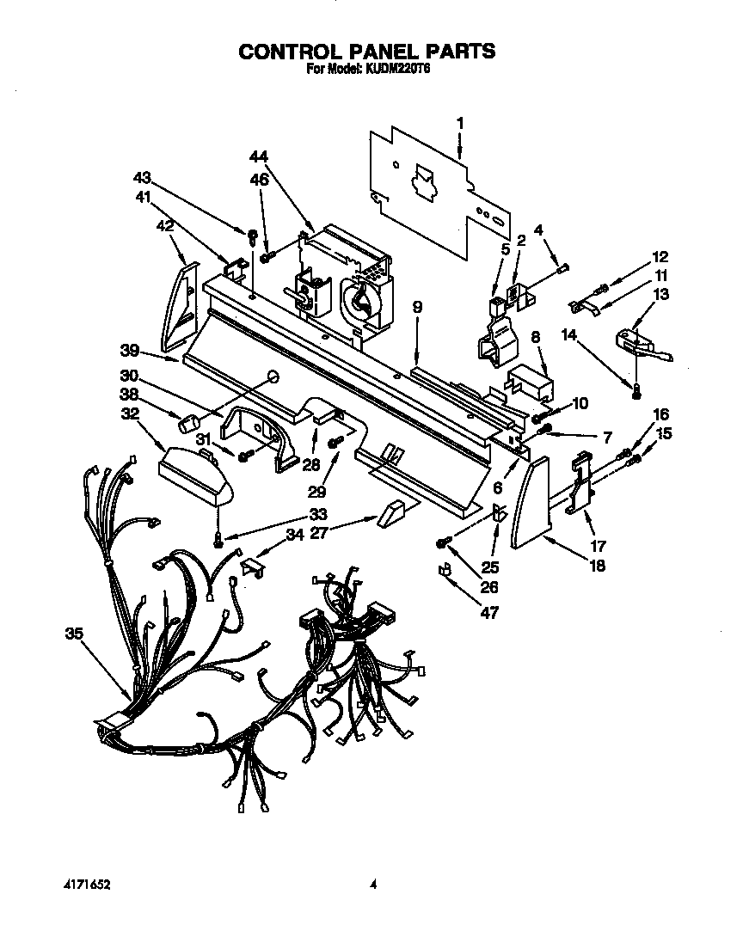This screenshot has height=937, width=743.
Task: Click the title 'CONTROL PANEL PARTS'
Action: (366, 52)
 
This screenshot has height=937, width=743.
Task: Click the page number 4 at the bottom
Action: (372, 883)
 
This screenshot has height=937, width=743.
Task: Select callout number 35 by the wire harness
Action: (75, 635)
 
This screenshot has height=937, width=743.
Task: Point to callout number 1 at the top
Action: (460, 123)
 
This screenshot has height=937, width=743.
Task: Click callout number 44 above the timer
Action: (259, 156)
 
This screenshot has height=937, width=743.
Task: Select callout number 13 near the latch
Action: (661, 294)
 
